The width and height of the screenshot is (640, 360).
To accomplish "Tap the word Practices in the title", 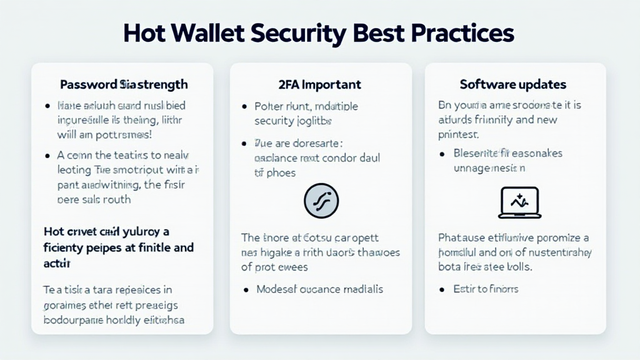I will point(456,33).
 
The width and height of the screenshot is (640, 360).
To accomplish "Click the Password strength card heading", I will point(124,84).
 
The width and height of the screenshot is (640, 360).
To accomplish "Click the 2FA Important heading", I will point(320,84).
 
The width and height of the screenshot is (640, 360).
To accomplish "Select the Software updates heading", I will point(513,84).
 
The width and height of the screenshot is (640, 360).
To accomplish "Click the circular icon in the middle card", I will point(321,201).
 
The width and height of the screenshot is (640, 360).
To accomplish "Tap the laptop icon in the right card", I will point(519,202).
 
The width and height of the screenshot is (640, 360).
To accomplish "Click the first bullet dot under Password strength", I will point(47,106).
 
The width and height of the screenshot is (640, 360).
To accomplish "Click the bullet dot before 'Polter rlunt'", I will point(245,106).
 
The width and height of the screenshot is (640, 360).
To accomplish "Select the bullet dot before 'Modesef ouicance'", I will point(245,289).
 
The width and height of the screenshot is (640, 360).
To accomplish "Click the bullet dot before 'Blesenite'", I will point(442,154).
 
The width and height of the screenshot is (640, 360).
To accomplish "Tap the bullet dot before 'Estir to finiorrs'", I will point(442,289).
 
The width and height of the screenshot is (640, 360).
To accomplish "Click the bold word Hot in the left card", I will point(54,232).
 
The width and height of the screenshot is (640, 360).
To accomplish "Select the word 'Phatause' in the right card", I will point(461,238).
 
